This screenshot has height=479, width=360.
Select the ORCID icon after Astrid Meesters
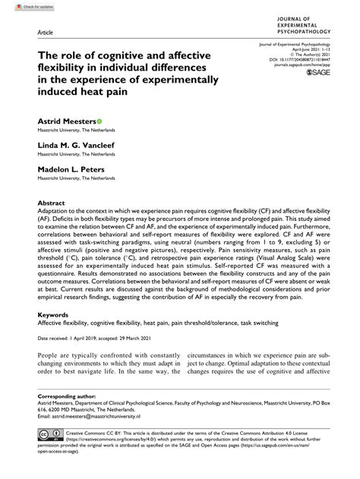(x=99, y=121)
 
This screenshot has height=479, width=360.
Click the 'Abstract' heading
(x=51, y=203)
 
